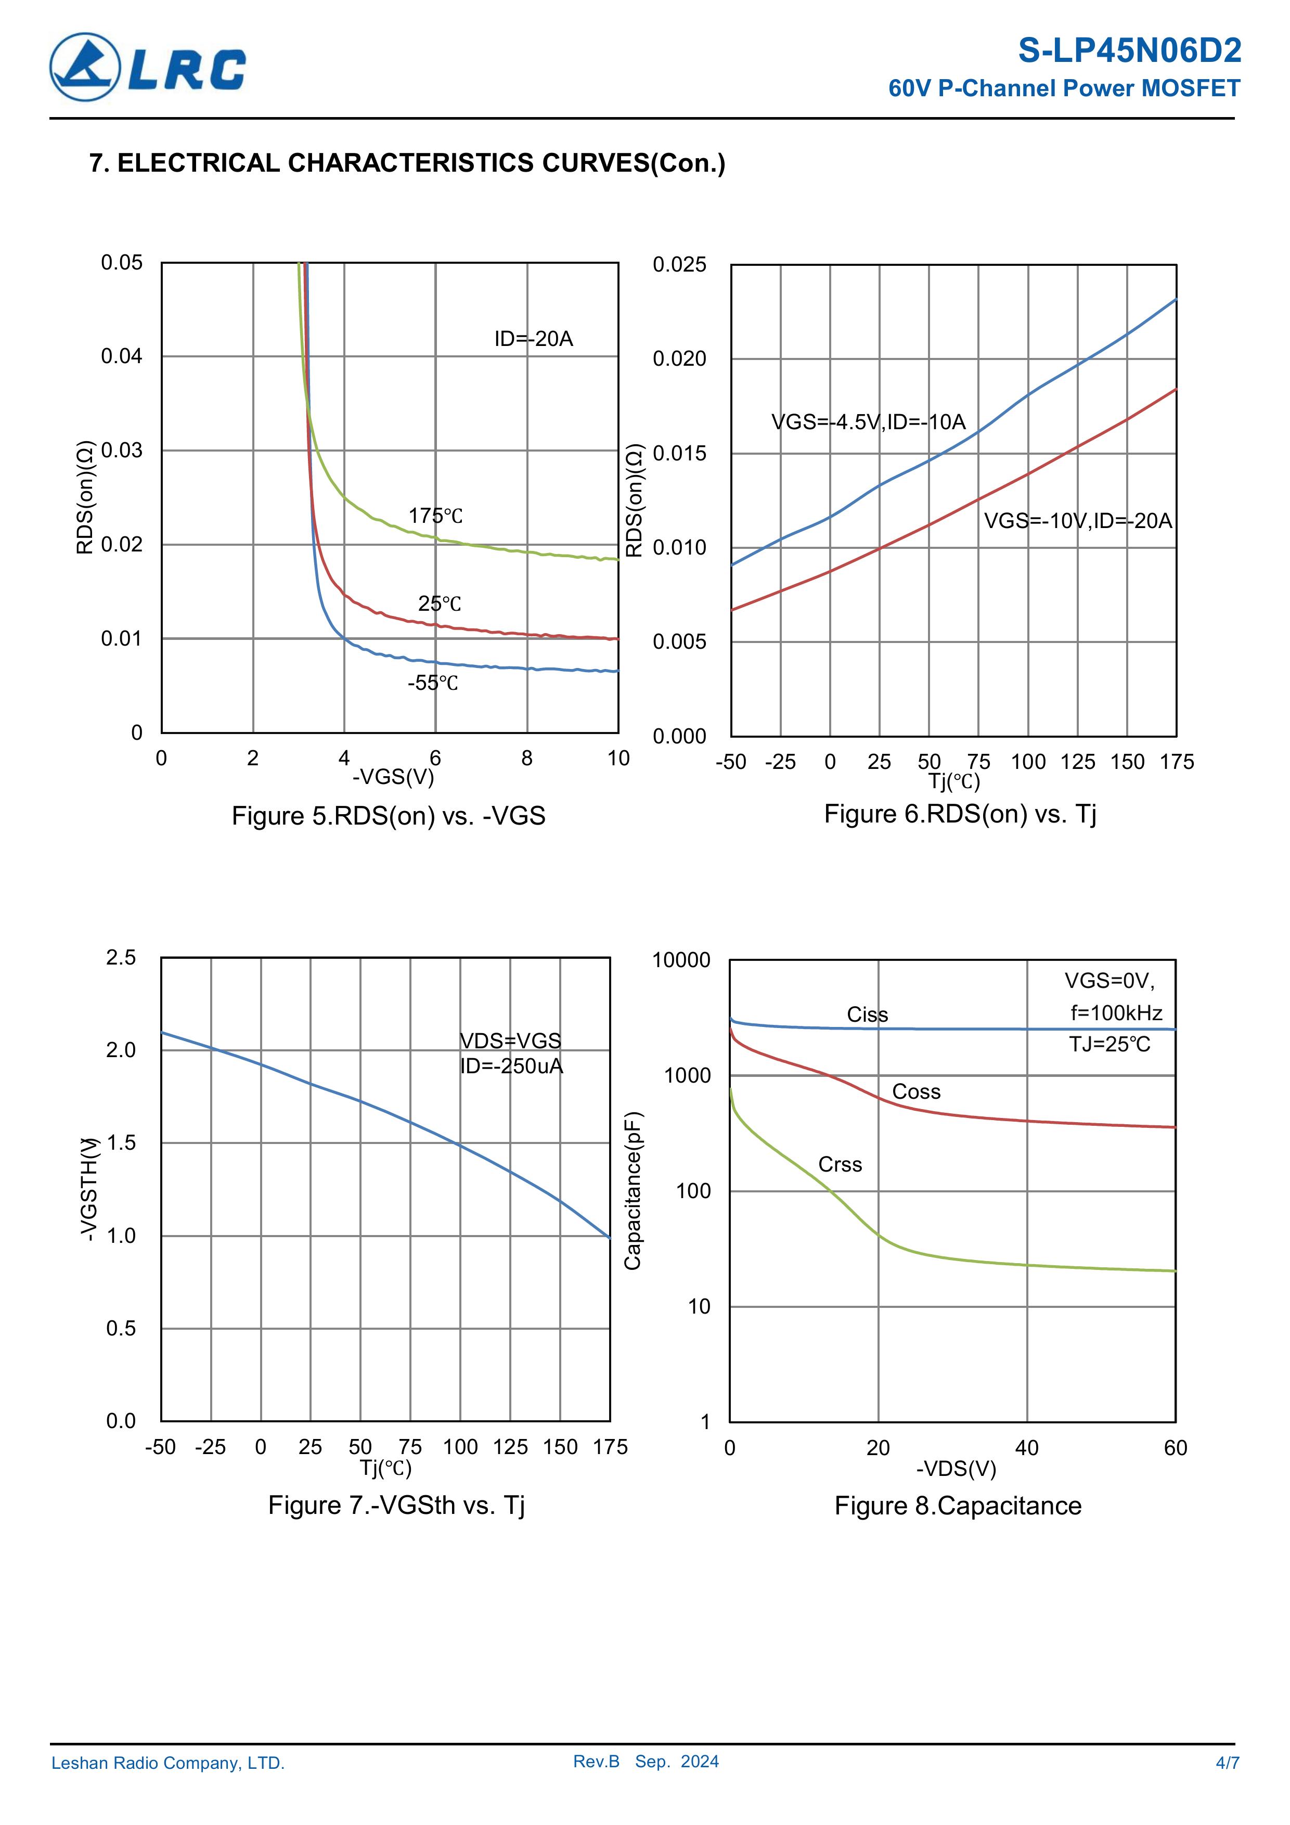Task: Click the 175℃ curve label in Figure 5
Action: [435, 516]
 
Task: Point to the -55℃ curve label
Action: [433, 683]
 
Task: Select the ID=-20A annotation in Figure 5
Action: [533, 339]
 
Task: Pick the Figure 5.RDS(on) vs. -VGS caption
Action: [388, 816]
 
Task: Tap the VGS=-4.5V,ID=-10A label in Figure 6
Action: [868, 422]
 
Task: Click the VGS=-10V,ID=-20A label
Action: [1078, 521]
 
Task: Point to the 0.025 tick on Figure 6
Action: [679, 265]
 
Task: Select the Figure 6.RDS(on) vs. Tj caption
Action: [959, 814]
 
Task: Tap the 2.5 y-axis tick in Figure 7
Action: [121, 957]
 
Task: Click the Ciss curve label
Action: [867, 1014]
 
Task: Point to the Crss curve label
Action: [840, 1164]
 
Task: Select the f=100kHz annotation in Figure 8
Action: [1116, 1013]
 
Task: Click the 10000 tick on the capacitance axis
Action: [681, 960]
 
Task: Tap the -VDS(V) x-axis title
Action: [956, 1468]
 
